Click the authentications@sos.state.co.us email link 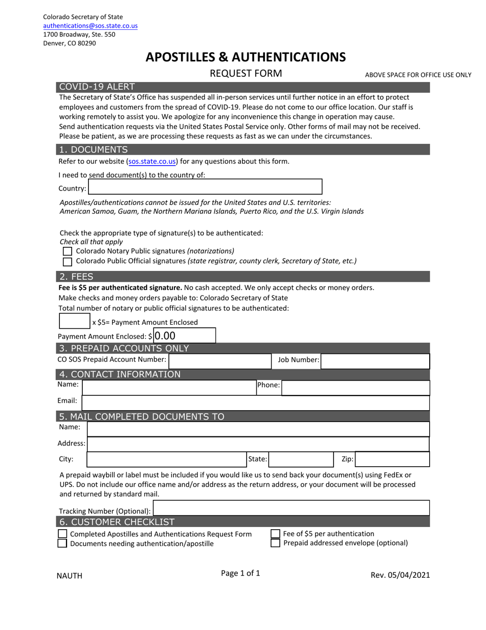(x=90, y=26)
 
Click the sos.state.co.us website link (x=152, y=161)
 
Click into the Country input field (x=205, y=187)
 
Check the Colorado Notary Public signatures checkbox (x=68, y=251)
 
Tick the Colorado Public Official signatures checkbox (x=68, y=261)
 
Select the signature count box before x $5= (x=75, y=321)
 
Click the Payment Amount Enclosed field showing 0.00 (x=184, y=336)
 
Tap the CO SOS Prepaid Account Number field (x=219, y=361)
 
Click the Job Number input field (x=375, y=361)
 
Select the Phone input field (x=355, y=387)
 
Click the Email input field (x=255, y=403)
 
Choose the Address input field (x=258, y=444)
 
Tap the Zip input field (x=391, y=459)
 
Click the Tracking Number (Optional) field (x=291, y=508)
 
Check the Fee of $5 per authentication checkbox (x=275, y=534)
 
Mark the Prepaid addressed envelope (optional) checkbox (x=275, y=543)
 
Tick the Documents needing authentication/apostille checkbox (x=62, y=543)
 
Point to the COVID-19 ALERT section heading (x=97, y=87)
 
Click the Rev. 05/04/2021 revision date (x=400, y=575)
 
